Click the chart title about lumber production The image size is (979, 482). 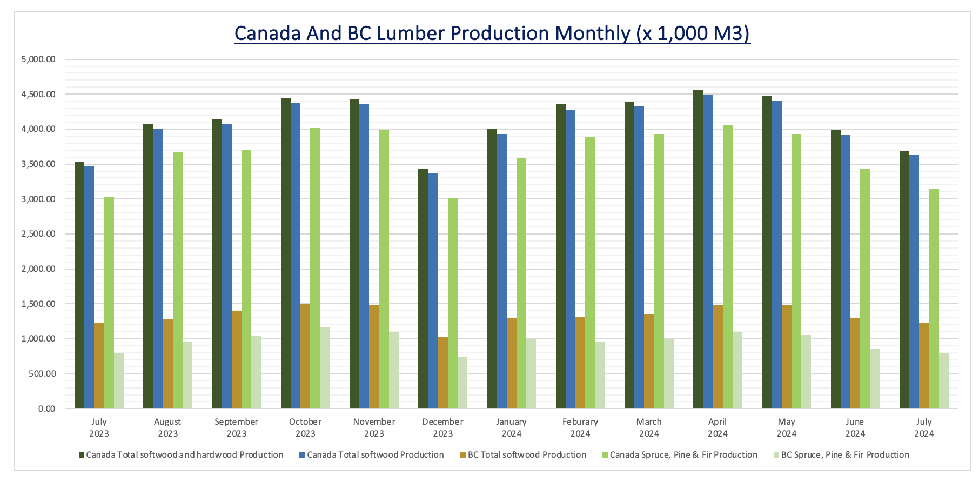(492, 34)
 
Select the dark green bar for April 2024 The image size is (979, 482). (698, 249)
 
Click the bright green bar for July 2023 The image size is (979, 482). (109, 303)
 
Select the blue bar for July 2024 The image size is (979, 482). (914, 281)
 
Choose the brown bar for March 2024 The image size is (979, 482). (649, 361)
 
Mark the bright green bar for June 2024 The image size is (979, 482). (865, 289)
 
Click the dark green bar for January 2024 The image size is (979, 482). (492, 269)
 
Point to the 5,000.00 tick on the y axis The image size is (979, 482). (38, 59)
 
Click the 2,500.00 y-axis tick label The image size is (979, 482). (38, 234)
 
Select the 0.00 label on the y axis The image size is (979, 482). (46, 409)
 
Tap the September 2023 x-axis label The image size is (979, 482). (236, 427)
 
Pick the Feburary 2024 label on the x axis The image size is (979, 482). (580, 427)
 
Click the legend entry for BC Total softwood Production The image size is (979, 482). (527, 455)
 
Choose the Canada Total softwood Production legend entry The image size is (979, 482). (375, 455)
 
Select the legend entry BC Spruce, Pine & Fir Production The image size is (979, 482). (845, 455)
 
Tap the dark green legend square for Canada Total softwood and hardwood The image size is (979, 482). (82, 455)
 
